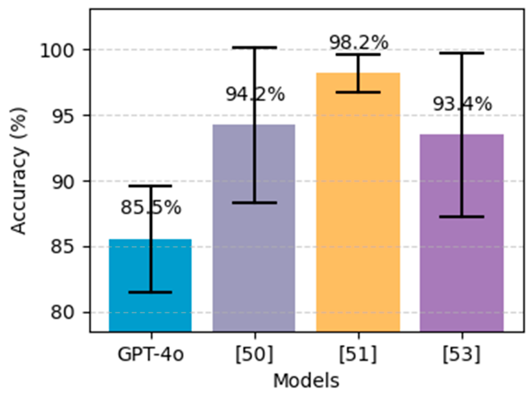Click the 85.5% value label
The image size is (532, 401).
coord(151,208)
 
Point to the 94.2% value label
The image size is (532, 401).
coord(255,94)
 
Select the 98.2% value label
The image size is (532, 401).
coord(359,43)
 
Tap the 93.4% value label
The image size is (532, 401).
coord(462,104)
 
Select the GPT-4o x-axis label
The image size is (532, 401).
coord(151,355)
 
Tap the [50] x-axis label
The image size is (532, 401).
coord(255,355)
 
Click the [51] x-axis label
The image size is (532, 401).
coord(358,355)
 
